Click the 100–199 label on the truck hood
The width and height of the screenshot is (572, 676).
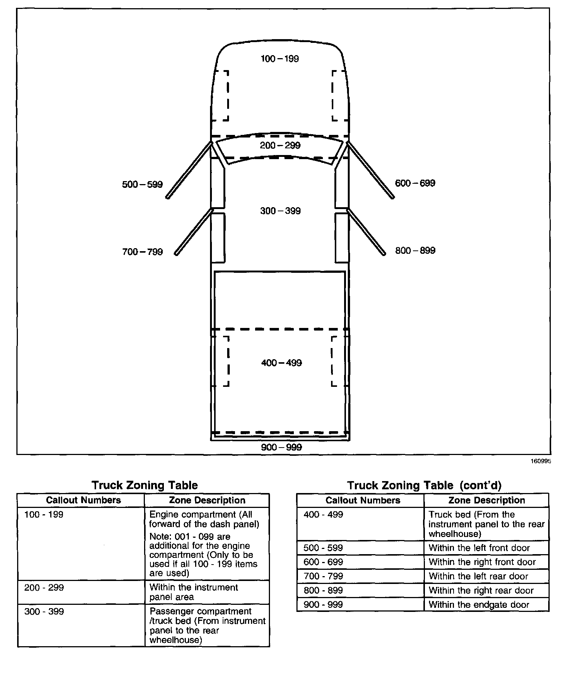click(x=280, y=59)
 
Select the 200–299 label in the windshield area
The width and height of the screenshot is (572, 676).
click(x=280, y=145)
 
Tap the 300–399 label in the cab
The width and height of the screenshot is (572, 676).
click(x=280, y=211)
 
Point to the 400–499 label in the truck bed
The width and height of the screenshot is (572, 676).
click(x=282, y=363)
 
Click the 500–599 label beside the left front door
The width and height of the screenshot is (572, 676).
click(x=142, y=184)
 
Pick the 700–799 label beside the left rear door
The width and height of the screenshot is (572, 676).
click(x=142, y=252)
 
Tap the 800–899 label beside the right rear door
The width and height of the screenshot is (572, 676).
click(x=415, y=250)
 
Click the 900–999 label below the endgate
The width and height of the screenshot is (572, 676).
click(x=281, y=447)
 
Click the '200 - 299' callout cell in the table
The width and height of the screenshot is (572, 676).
click(x=44, y=588)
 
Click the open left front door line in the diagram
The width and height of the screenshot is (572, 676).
click(x=189, y=170)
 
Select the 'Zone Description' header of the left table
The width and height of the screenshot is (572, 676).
click(x=207, y=500)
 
